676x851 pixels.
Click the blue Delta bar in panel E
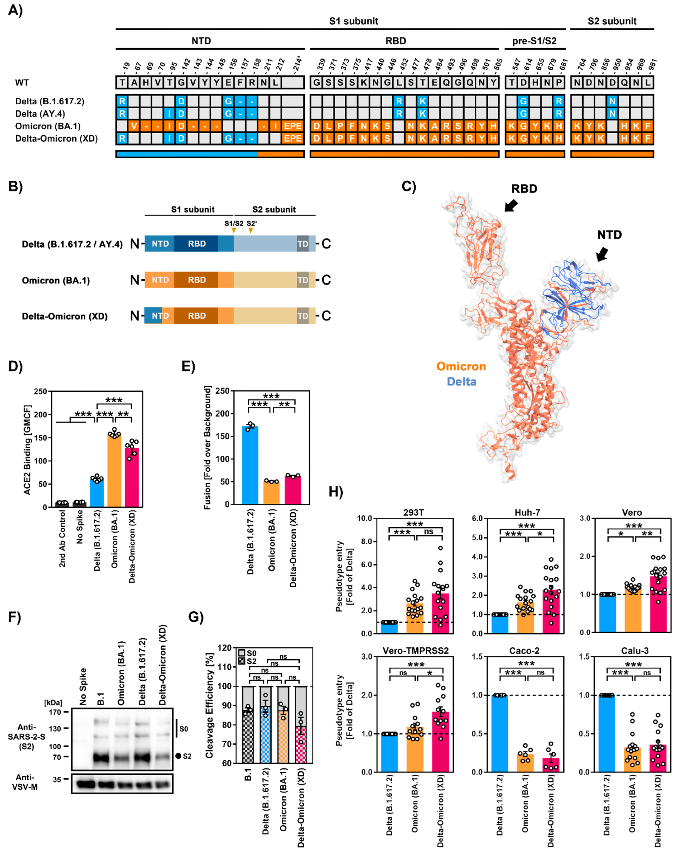pos(250,466)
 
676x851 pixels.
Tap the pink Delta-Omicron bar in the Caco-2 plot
pos(551,765)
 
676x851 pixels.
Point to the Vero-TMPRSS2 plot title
pos(415,651)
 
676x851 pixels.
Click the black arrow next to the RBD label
pos(511,206)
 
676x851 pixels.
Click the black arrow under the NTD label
pos(602,254)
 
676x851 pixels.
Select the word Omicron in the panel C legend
pos(461,366)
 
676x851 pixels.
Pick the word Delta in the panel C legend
pos(461,382)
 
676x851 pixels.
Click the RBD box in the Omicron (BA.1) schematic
pos(196,280)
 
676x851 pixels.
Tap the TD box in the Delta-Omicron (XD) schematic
pos(302,316)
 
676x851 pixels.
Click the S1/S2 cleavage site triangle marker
pos(234,231)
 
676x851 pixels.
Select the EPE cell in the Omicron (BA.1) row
pos(293,126)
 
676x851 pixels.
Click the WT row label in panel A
pos(22,83)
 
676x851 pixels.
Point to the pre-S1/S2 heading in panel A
pos(534,41)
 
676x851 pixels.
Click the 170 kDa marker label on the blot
pos(55,712)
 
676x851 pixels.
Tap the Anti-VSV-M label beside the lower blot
pos(25,782)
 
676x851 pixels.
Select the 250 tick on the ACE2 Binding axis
pos(40,391)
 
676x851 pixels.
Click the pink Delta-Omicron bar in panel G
pos(301,745)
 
